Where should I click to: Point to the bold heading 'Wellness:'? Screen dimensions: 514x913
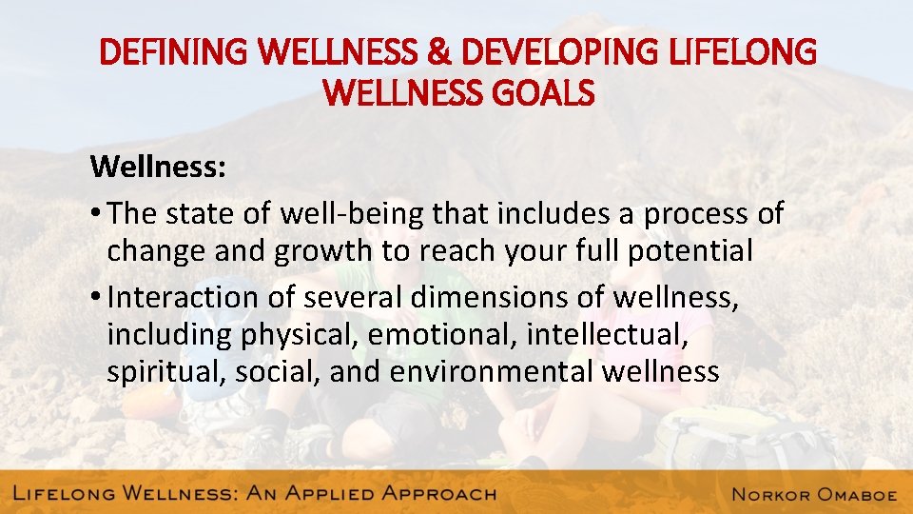point(158,168)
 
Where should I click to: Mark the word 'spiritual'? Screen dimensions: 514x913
point(163,371)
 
